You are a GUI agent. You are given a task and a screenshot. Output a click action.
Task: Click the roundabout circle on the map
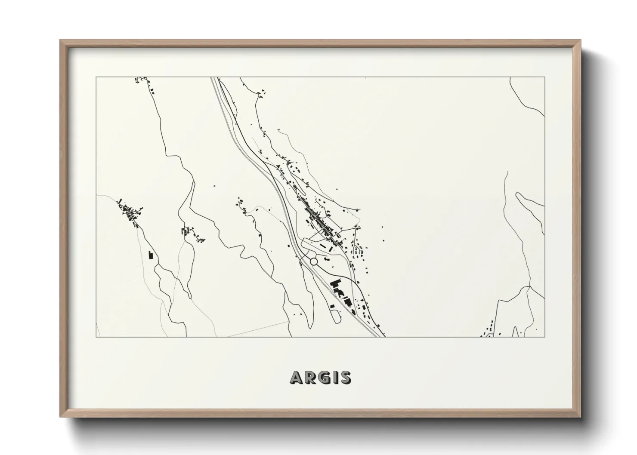(x=314, y=261)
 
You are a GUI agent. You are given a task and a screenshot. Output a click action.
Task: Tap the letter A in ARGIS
(x=296, y=377)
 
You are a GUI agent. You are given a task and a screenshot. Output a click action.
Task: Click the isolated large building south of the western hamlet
(x=151, y=255)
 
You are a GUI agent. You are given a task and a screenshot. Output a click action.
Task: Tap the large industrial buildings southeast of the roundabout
(x=336, y=288)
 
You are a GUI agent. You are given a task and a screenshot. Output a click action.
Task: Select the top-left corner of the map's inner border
(x=96, y=77)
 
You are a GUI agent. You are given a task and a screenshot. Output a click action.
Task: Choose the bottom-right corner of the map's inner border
(x=545, y=337)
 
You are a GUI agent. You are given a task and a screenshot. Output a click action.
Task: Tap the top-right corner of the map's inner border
(x=545, y=77)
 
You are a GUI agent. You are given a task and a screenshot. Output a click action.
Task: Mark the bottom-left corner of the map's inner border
(x=96, y=337)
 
